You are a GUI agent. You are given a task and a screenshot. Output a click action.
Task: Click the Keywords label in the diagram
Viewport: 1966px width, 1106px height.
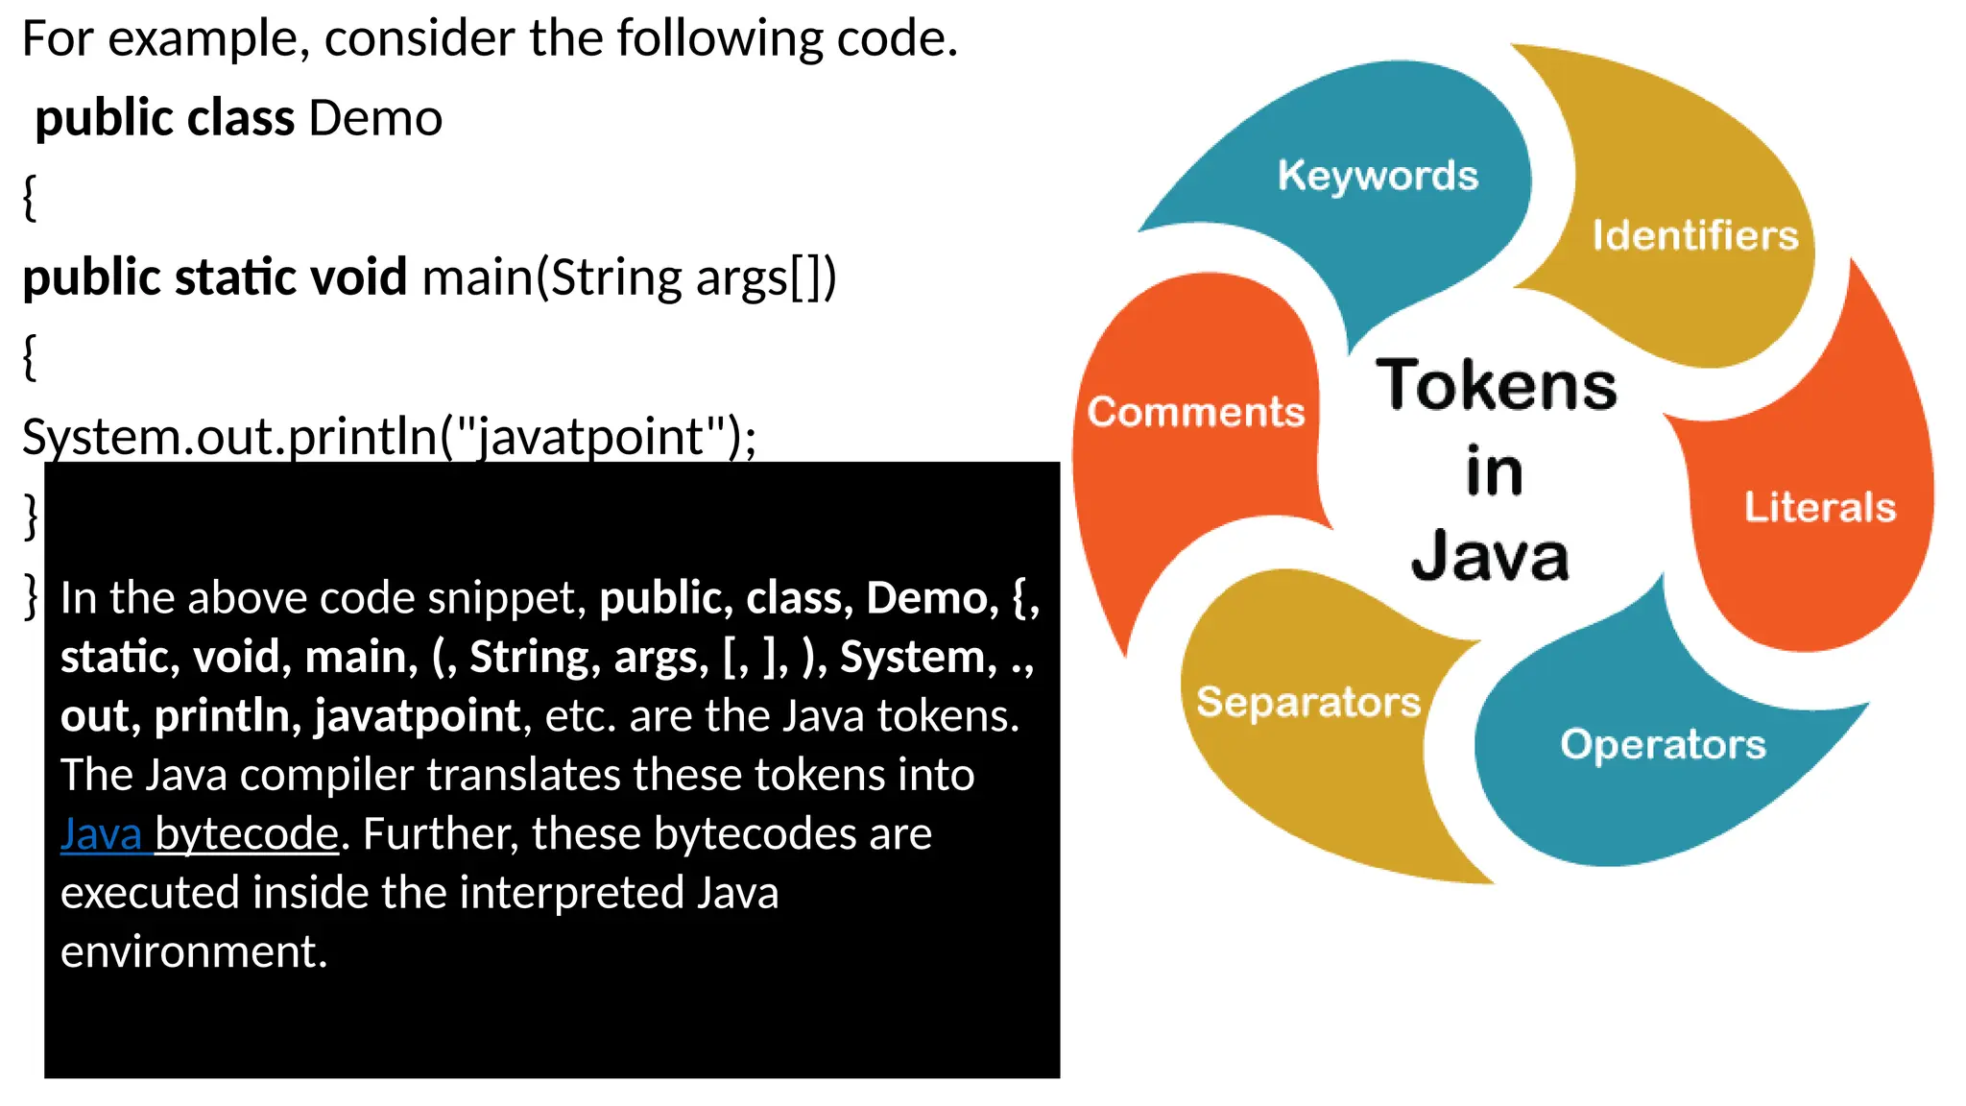tap(1378, 176)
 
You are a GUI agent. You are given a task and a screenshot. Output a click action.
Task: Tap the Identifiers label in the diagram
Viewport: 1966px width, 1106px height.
tap(1694, 235)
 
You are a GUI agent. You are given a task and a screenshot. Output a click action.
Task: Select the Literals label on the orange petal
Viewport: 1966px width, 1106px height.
tap(1819, 507)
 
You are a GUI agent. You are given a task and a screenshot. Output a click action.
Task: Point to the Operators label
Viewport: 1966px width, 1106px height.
tap(1663, 745)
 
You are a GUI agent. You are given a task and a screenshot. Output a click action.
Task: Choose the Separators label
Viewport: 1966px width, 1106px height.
tap(1307, 702)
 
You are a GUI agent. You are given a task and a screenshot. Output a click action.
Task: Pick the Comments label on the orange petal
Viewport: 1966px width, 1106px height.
tap(1195, 412)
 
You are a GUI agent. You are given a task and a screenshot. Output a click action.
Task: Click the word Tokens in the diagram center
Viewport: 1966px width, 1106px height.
tap(1496, 386)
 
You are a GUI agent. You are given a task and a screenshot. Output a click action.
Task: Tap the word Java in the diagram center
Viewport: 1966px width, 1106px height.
tap(1490, 557)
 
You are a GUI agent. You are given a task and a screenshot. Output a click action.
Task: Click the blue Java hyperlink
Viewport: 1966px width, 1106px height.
tap(102, 833)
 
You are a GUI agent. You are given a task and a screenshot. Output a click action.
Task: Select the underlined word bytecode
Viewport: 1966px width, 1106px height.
tap(247, 833)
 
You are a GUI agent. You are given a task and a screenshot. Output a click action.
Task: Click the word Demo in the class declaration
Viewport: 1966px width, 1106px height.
tap(375, 118)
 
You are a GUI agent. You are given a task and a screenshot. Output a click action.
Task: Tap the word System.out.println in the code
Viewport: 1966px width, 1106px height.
tap(230, 437)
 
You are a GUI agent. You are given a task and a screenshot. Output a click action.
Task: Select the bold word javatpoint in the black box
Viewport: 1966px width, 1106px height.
tap(418, 715)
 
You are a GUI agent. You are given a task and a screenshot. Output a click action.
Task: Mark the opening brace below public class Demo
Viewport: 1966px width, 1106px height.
tap(30, 198)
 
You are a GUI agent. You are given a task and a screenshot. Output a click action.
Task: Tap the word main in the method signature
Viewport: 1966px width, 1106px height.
tap(477, 277)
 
